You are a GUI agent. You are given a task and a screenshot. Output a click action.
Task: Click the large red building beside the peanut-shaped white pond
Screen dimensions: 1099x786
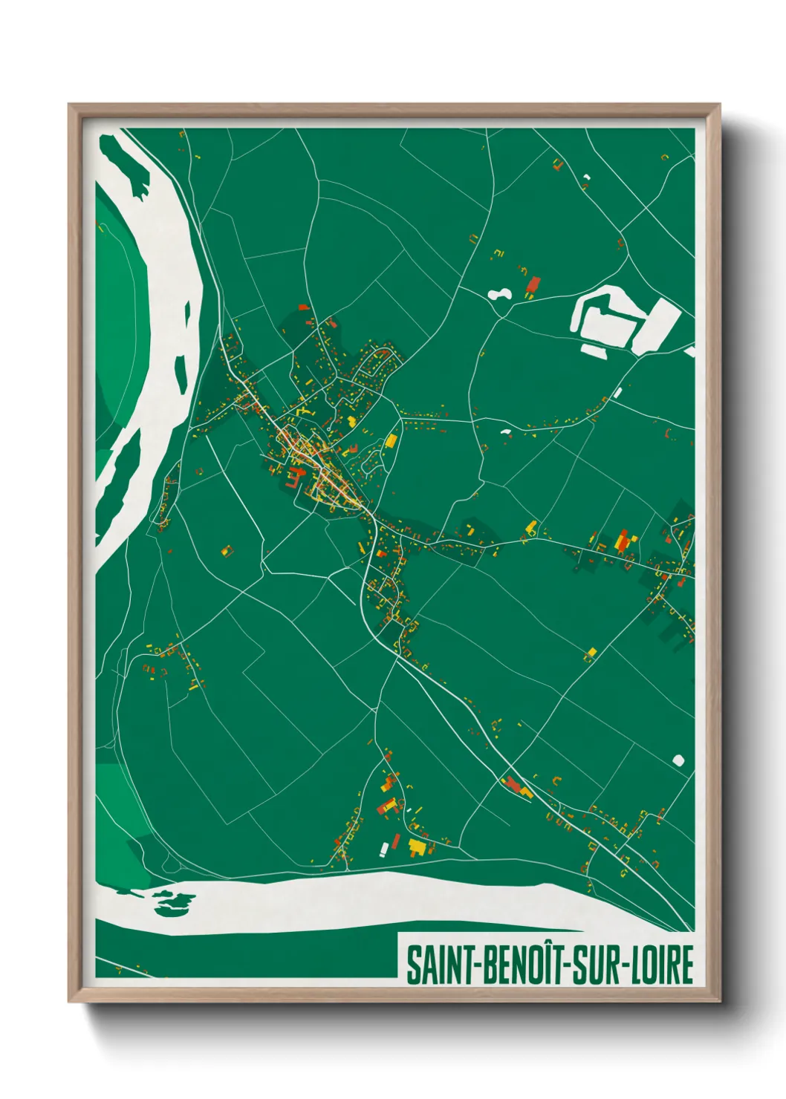tap(533, 284)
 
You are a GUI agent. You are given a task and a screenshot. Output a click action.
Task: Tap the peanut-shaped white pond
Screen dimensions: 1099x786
tap(498, 295)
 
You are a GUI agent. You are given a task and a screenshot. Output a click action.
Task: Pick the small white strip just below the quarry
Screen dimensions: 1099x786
tap(594, 350)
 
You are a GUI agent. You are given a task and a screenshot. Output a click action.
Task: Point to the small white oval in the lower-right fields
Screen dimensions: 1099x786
tap(678, 760)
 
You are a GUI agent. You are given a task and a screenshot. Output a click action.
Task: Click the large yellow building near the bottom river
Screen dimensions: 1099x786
tap(418, 846)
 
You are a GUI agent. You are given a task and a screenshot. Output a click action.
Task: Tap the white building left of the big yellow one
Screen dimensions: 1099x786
tap(384, 848)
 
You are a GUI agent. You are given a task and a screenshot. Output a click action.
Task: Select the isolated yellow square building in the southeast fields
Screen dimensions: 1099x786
tap(592, 653)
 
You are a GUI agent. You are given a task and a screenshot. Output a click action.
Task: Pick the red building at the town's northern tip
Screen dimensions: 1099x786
tap(302, 306)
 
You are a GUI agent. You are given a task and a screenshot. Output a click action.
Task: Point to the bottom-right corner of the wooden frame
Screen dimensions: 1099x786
tap(719, 1001)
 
